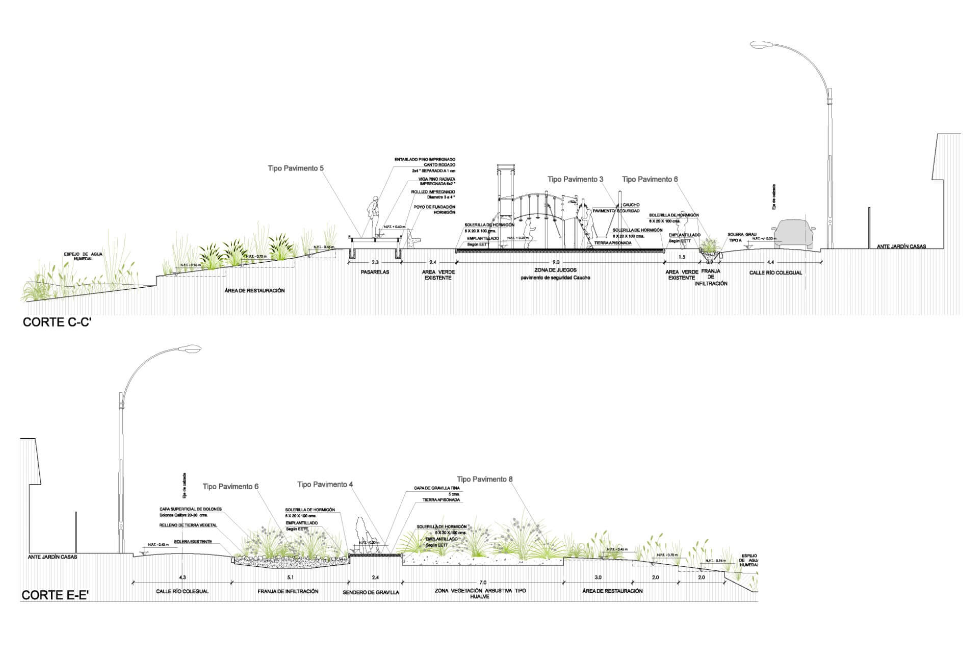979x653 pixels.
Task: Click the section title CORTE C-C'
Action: point(57,322)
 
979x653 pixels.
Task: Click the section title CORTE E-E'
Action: point(56,595)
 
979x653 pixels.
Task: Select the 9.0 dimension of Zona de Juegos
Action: point(556,262)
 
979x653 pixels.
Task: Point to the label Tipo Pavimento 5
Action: point(296,168)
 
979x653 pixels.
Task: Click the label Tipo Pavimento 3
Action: point(575,180)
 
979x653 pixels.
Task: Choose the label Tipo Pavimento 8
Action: point(484,479)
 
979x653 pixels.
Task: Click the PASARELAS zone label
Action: point(375,272)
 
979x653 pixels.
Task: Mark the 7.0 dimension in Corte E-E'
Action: point(483,583)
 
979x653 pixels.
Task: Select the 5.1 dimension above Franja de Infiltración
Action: point(290,577)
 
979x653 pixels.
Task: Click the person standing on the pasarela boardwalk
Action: point(374,214)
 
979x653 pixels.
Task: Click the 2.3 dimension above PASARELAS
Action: point(375,262)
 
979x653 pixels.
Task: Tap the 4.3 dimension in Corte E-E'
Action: point(183,577)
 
